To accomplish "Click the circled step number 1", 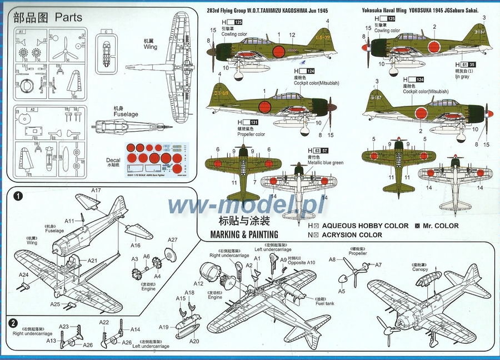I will pos(18,196).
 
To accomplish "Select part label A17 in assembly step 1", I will pos(96,190).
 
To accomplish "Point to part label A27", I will pos(173,240).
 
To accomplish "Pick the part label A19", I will pos(163,327).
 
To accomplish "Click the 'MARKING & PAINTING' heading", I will pos(244,235).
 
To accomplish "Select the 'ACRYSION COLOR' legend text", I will pos(352,235).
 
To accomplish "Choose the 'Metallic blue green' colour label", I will pos(325,163).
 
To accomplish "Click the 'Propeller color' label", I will pos(251,134).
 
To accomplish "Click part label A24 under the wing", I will pos(24,275).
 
